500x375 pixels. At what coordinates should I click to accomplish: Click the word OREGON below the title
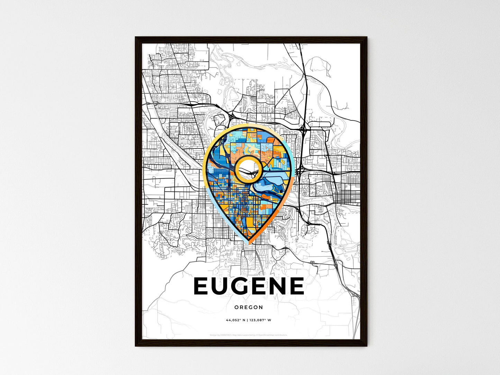point(248,307)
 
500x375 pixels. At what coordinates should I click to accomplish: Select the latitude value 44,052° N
point(236,320)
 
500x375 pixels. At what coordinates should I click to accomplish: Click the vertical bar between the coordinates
point(248,320)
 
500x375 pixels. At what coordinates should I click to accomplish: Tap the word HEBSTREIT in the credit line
point(227,335)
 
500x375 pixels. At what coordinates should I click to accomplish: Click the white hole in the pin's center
point(248,168)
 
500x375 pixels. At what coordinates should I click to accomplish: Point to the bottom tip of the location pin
point(248,244)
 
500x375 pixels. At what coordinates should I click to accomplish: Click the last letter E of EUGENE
point(297,286)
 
